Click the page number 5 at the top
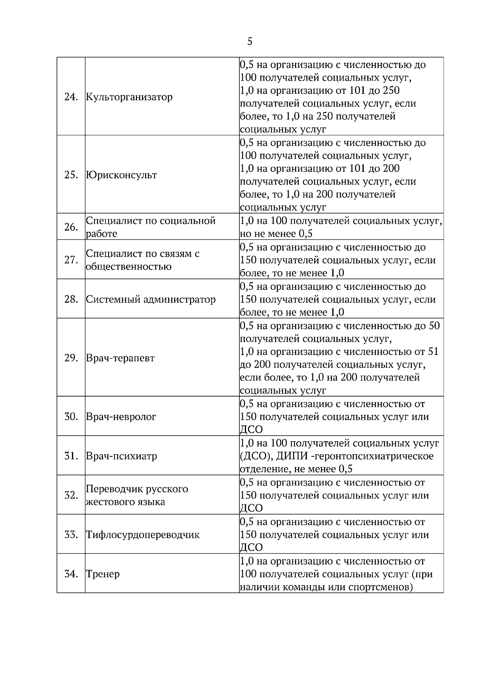[x=250, y=41]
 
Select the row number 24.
[x=70, y=97]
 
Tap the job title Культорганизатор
[x=129, y=97]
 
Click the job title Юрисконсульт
[x=121, y=175]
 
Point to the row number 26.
[x=70, y=227]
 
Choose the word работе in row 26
[x=101, y=234]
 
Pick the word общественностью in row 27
[x=129, y=266]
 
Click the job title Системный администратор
[x=151, y=299]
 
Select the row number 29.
[x=70, y=358]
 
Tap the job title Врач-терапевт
[x=120, y=358]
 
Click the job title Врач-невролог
[x=121, y=417]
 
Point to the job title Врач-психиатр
[x=121, y=456]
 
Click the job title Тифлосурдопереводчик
[x=143, y=535]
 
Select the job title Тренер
[x=103, y=574]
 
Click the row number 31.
[x=70, y=456]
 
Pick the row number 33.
[x=70, y=535]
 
